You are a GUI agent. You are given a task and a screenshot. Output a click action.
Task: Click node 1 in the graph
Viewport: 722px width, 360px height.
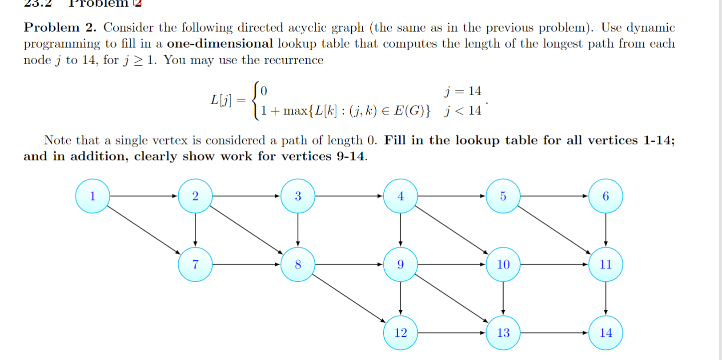pyautogui.click(x=92, y=196)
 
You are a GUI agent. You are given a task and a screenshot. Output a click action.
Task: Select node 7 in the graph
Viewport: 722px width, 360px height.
pyautogui.click(x=195, y=264)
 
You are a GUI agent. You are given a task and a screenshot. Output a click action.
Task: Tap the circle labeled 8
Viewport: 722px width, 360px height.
pyautogui.click(x=298, y=264)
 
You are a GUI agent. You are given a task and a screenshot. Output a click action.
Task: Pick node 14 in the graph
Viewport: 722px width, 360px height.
pyautogui.click(x=606, y=333)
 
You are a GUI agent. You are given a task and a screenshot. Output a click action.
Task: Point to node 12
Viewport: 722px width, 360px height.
pyautogui.click(x=401, y=333)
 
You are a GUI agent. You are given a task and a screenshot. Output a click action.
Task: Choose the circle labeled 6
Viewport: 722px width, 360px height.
pyautogui.click(x=606, y=196)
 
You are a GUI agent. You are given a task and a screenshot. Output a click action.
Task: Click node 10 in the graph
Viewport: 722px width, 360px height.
pyautogui.click(x=503, y=264)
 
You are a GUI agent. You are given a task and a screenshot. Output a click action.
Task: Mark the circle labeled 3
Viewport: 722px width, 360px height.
pyautogui.click(x=298, y=196)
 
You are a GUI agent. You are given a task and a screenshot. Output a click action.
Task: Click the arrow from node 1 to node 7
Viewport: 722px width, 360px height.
pyautogui.click(x=144, y=230)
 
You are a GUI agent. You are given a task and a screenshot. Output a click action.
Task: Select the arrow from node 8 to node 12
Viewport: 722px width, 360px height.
pyautogui.click(x=349, y=298)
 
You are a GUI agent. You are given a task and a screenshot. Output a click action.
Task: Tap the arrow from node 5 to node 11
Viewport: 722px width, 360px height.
pyautogui.click(x=554, y=230)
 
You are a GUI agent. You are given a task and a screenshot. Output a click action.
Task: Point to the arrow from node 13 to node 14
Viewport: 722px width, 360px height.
pyautogui.click(x=554, y=333)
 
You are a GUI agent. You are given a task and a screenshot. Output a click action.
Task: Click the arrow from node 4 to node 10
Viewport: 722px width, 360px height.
pyautogui.click(x=452, y=230)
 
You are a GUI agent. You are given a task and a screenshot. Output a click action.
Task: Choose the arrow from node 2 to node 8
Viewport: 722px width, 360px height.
pyautogui.click(x=246, y=230)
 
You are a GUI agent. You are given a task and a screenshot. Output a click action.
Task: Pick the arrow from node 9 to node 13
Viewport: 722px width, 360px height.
pyautogui.click(x=452, y=299)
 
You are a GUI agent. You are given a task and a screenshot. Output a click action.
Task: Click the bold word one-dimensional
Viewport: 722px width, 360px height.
pyautogui.click(x=220, y=44)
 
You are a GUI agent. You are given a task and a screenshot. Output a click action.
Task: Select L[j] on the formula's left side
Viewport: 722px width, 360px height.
pyautogui.click(x=221, y=100)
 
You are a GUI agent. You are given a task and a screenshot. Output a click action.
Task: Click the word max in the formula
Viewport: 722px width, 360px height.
pyautogui.click(x=295, y=111)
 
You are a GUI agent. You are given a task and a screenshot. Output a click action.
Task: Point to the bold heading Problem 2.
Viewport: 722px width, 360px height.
pyautogui.click(x=60, y=28)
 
